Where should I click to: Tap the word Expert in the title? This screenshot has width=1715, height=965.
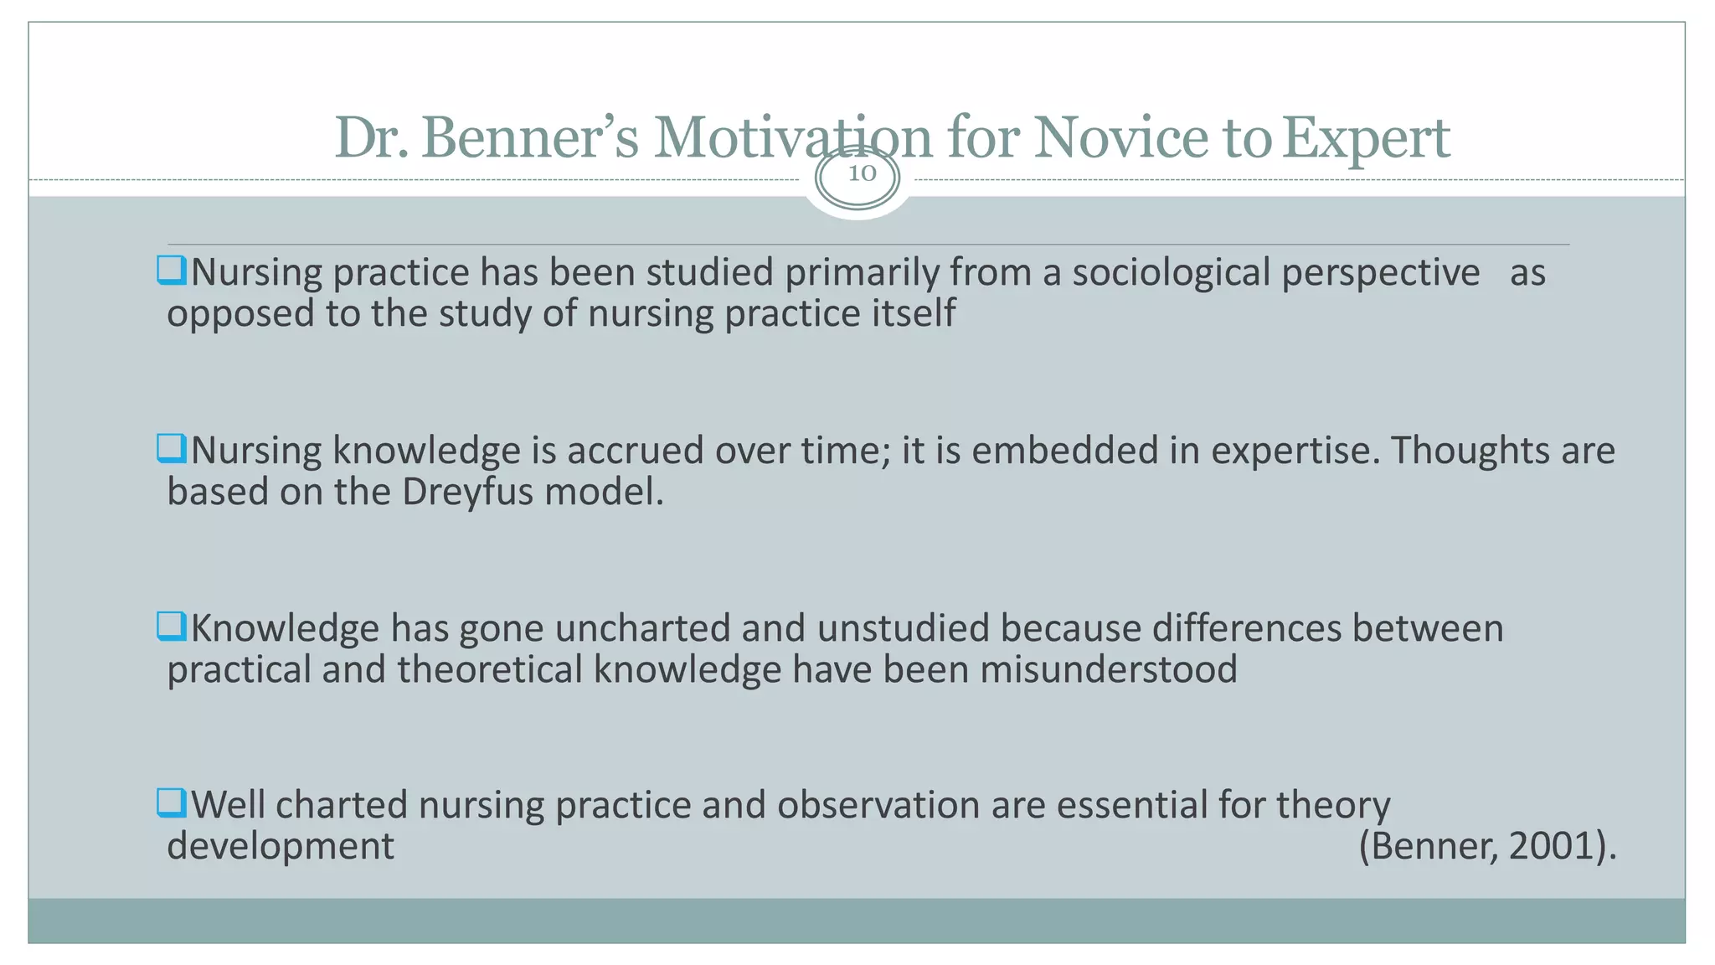[1366, 138]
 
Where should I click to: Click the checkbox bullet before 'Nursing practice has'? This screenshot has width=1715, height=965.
[171, 271]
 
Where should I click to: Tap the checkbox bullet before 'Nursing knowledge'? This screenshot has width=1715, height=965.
[171, 448]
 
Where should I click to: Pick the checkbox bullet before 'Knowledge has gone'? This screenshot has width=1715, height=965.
[171, 626]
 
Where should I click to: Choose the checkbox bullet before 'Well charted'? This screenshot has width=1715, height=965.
[171, 802]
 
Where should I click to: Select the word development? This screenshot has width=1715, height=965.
[280, 846]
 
